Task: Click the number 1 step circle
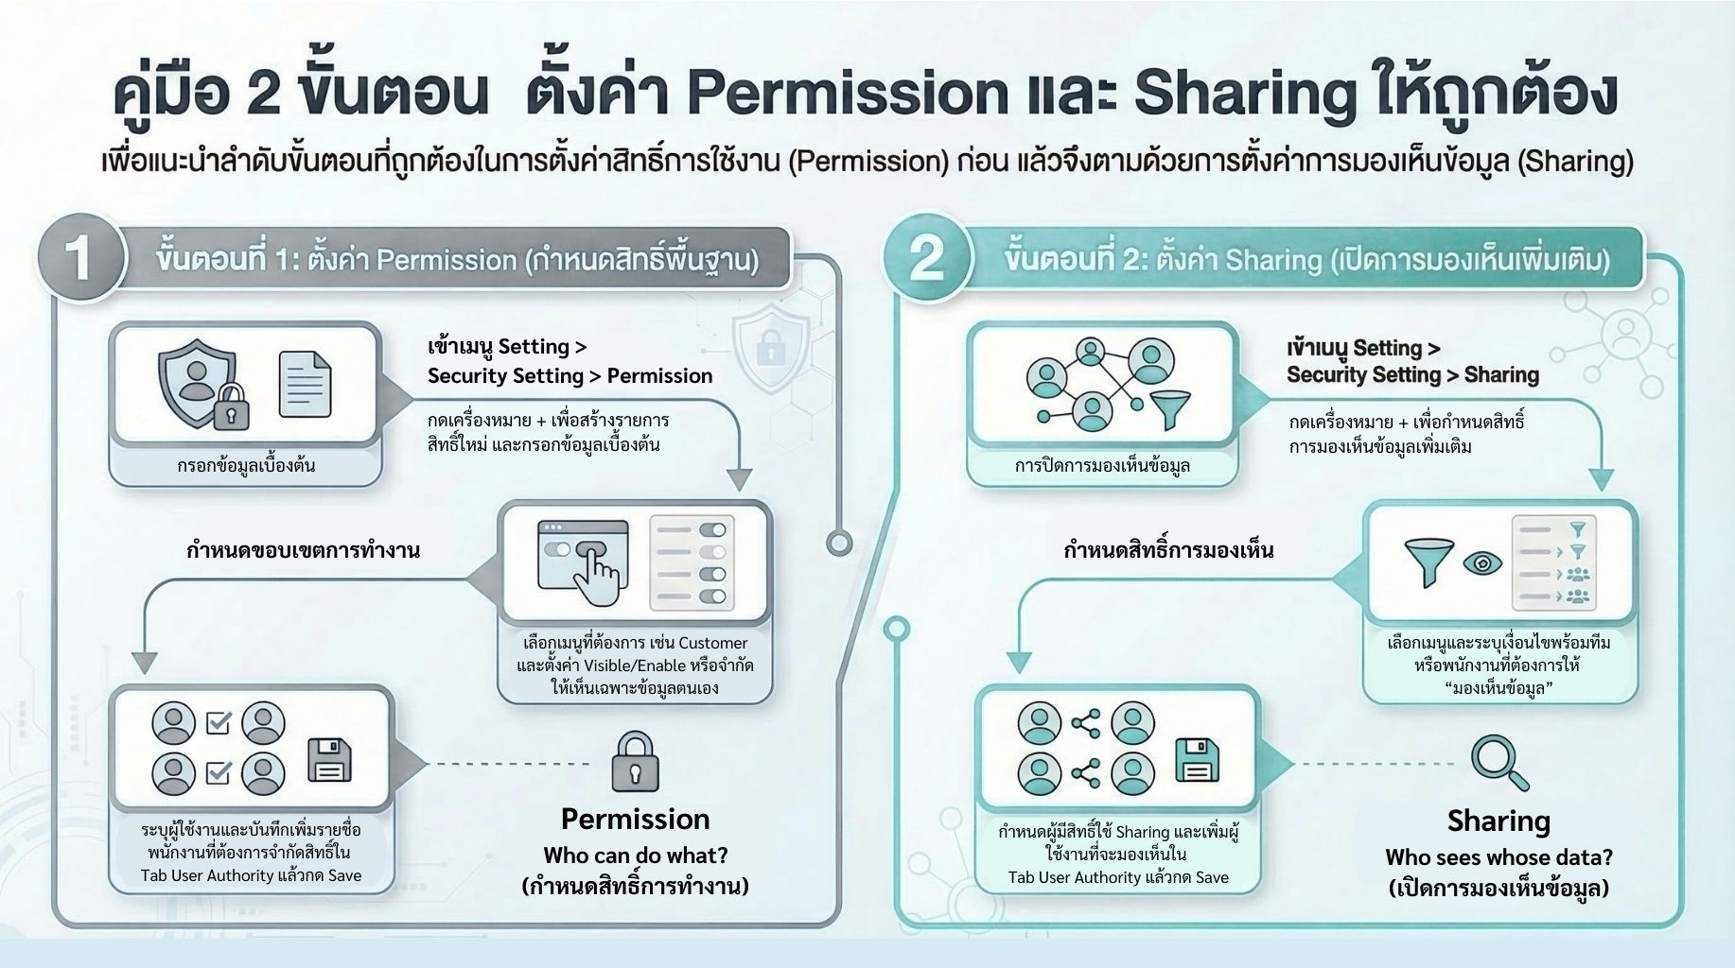click(79, 257)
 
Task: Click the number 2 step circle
click(926, 257)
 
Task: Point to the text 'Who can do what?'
click(635, 856)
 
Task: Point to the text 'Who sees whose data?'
click(1498, 857)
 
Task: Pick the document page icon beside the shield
click(305, 385)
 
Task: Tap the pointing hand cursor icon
click(596, 563)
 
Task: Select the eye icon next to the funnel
click(1482, 563)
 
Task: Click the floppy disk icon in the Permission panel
click(329, 761)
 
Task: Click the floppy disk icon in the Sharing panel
click(1197, 762)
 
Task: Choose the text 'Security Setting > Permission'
click(570, 376)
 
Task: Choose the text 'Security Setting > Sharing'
click(1412, 375)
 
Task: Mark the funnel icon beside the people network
click(1170, 408)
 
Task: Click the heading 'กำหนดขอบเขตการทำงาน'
click(303, 550)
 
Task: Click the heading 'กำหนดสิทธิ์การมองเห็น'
click(1168, 550)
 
